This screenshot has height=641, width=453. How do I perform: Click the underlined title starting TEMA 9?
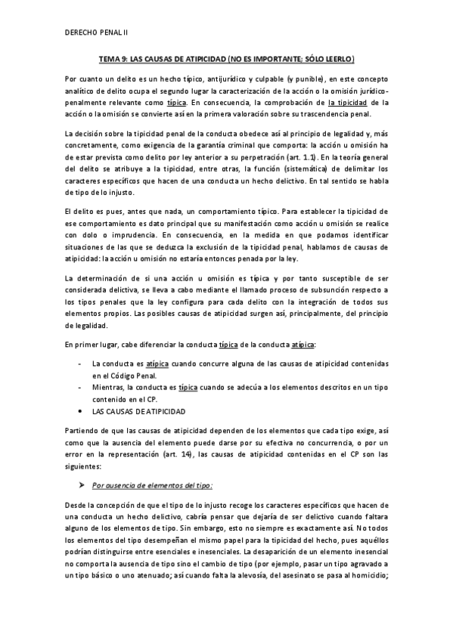[228, 57]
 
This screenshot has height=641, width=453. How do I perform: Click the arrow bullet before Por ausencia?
[82, 482]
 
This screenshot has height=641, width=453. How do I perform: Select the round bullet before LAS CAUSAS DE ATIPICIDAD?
[82, 411]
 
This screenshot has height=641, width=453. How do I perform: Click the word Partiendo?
[84, 429]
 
